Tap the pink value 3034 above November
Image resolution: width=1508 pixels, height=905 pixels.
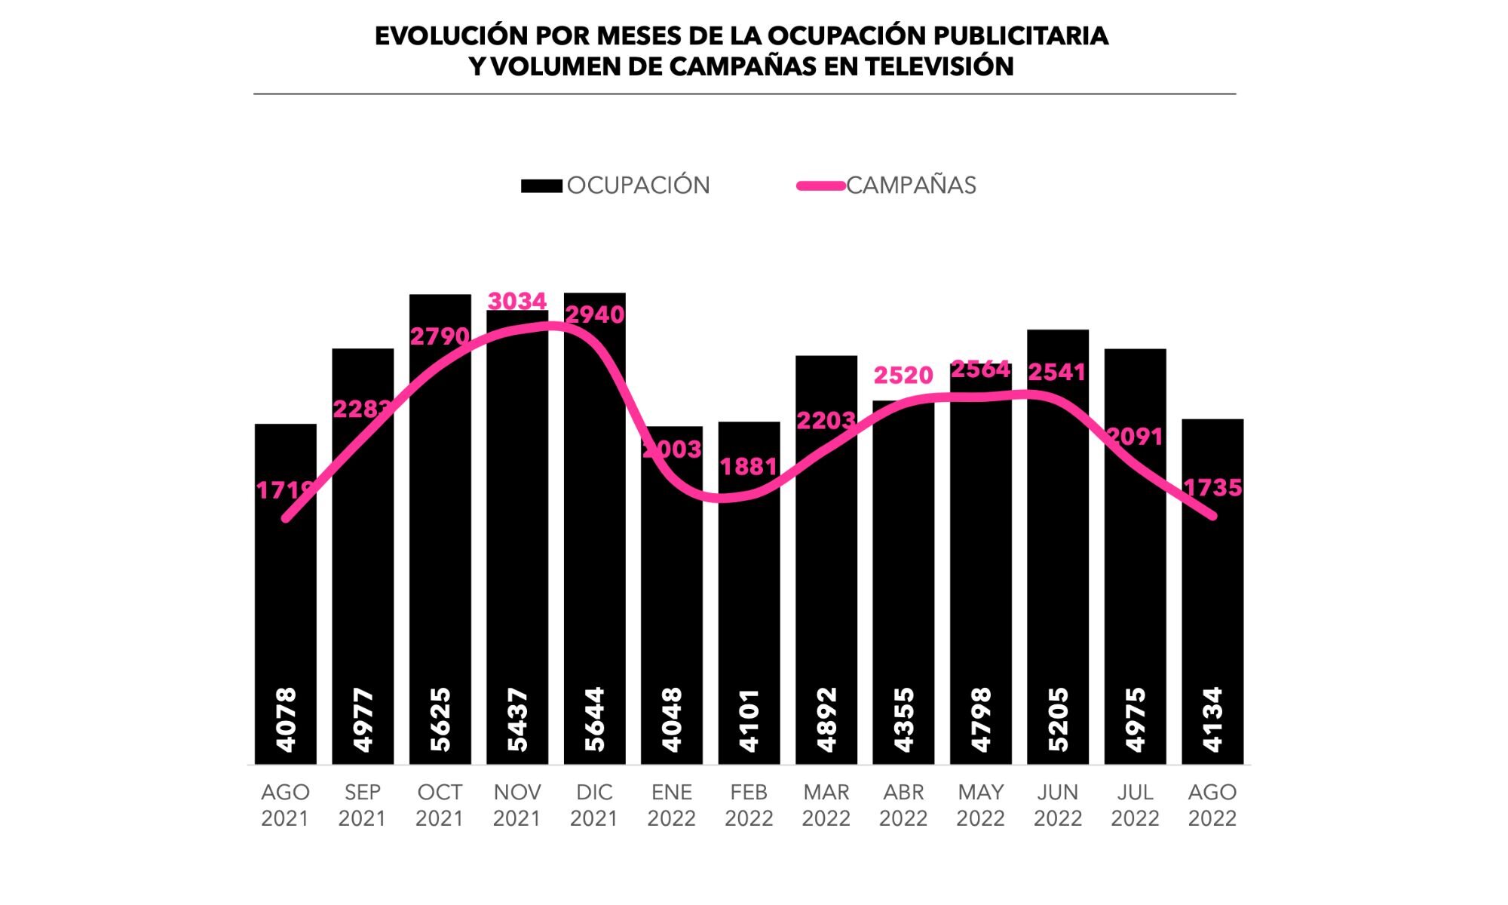pyautogui.click(x=517, y=301)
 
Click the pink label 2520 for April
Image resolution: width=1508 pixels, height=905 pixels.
pyautogui.click(x=903, y=375)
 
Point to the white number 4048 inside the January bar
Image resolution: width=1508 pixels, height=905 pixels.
pyautogui.click(x=671, y=719)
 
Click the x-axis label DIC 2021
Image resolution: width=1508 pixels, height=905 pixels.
pyautogui.click(x=594, y=805)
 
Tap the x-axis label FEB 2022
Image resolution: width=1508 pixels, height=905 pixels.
pyautogui.click(x=749, y=805)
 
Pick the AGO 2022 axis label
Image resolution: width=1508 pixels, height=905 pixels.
pyautogui.click(x=1212, y=805)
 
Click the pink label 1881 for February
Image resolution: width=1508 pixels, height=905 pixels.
pyautogui.click(x=748, y=467)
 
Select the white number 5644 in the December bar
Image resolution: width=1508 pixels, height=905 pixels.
pyautogui.click(x=594, y=719)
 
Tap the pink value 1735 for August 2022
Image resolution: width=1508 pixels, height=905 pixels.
pyautogui.click(x=1212, y=488)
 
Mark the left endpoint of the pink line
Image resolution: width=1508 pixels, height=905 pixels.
pyautogui.click(x=286, y=519)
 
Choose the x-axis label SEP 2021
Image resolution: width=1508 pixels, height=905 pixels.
pyautogui.click(x=362, y=805)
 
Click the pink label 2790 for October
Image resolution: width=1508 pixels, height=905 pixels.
pyautogui.click(x=440, y=336)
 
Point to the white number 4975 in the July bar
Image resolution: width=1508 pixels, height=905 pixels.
pyautogui.click(x=1135, y=719)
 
